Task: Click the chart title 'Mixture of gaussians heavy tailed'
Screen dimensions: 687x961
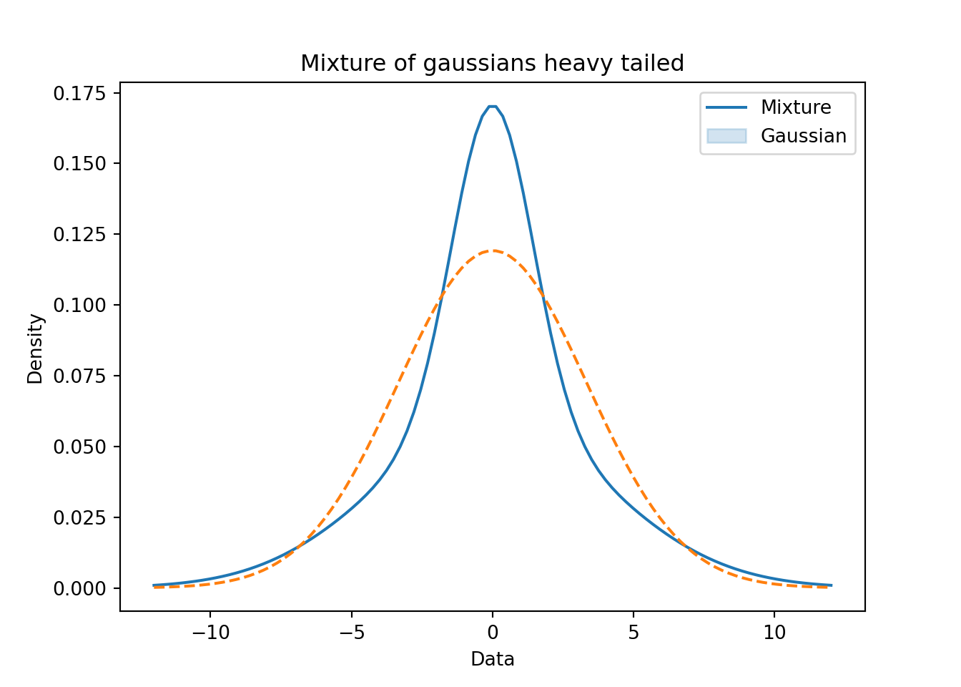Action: (492, 64)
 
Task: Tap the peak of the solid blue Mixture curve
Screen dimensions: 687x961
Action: (492, 107)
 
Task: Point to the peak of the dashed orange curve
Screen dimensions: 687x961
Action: (492, 250)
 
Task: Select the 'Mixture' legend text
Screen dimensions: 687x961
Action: (795, 107)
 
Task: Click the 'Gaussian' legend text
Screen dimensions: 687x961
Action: (803, 136)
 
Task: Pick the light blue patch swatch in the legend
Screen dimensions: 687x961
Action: (726, 136)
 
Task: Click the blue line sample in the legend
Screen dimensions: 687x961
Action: (726, 107)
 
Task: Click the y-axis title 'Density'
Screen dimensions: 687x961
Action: (35, 349)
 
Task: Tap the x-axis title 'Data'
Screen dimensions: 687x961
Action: (492, 659)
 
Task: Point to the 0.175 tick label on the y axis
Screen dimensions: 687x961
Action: (79, 93)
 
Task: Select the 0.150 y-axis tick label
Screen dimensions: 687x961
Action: (79, 164)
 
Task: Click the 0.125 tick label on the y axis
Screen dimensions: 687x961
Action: (79, 235)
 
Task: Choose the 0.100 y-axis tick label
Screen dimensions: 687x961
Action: (79, 306)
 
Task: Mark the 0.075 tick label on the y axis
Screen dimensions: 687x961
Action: (79, 376)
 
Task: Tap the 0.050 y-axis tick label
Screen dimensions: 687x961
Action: (79, 447)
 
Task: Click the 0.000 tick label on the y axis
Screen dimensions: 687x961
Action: (79, 588)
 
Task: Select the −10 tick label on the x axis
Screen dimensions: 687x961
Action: (210, 633)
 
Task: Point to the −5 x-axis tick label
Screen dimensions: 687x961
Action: (351, 633)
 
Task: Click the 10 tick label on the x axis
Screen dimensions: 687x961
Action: (774, 633)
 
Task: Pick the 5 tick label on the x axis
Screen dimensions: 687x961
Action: (634, 633)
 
